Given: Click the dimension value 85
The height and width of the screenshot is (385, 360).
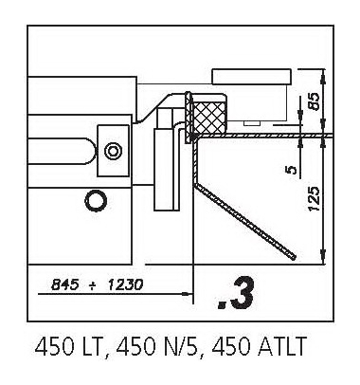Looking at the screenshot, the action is tap(315, 101).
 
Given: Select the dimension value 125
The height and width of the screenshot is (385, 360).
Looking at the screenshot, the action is tap(315, 199).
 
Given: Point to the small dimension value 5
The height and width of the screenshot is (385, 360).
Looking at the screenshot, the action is tap(293, 170).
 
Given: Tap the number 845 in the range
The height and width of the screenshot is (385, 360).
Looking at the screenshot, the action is tap(64, 285).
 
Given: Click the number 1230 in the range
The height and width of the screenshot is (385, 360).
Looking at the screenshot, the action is tap(124, 285).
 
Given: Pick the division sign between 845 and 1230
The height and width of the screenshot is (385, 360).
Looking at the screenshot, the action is tap(92, 285).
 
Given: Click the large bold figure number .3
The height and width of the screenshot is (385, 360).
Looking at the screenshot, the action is tap(236, 294).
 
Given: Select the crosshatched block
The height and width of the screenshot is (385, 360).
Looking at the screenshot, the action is tap(210, 116).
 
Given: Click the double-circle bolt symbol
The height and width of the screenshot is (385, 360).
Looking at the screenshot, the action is tap(113, 151).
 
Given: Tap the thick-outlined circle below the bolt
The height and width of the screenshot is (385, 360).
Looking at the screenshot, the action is tap(96, 200).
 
